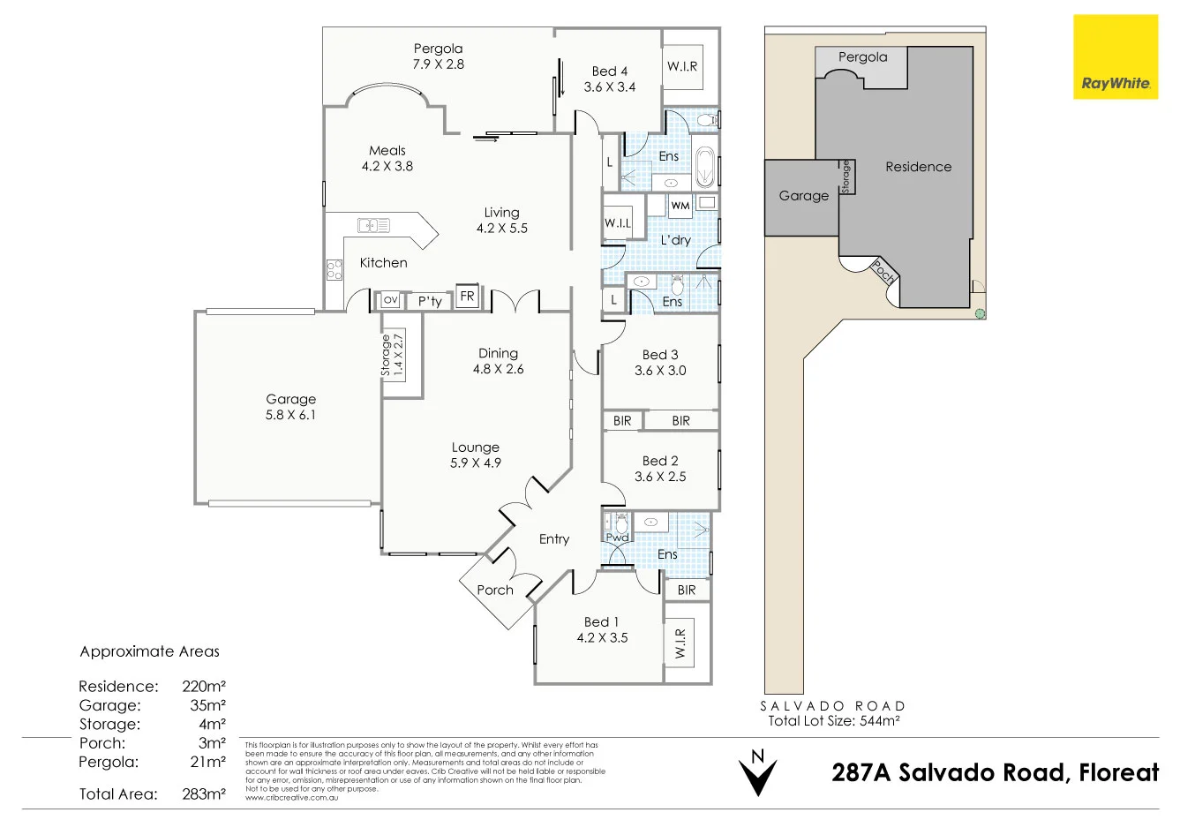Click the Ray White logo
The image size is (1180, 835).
1116,56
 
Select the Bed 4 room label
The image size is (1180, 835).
610,79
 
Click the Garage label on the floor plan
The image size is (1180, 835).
290,407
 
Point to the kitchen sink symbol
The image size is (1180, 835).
373,225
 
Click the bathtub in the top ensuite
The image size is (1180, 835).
705,168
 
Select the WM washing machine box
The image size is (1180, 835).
680,206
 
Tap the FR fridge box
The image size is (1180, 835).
467,297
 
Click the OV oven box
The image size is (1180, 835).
390,300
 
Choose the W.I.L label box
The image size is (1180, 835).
618,223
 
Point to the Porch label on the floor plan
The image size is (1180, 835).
495,590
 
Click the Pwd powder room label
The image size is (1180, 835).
617,538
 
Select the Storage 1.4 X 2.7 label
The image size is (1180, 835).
391,356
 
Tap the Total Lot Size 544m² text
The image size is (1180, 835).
833,720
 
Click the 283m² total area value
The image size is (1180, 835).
202,794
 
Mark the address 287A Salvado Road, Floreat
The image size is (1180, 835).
995,772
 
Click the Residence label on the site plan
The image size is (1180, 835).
918,167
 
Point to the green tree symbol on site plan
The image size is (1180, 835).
979,313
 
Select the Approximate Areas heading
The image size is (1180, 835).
149,651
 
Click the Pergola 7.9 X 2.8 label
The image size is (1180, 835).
438,56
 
